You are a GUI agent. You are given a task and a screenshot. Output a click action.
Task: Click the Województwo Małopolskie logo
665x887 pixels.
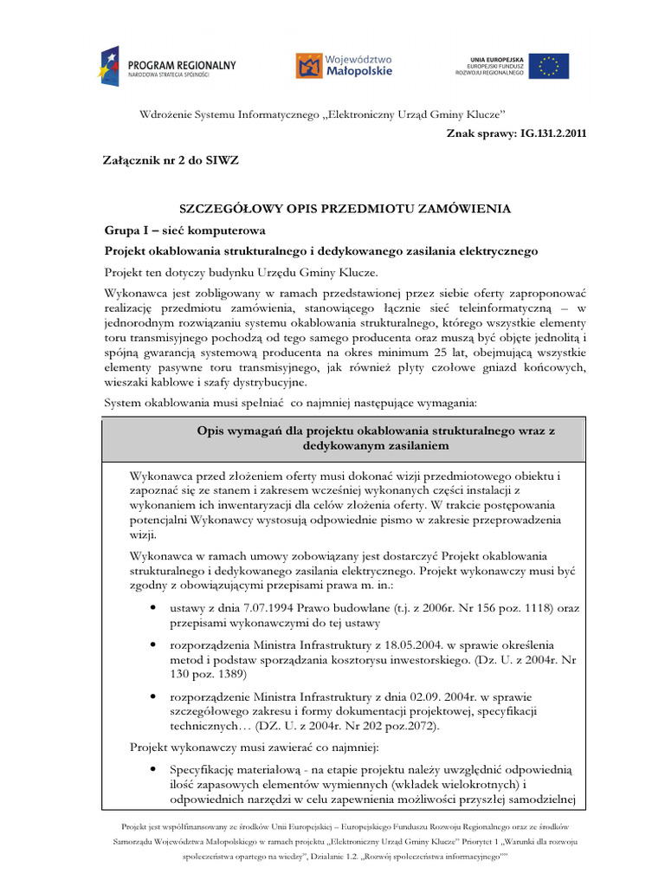tap(344, 65)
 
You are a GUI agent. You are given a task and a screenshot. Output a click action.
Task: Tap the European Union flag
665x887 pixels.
tap(551, 66)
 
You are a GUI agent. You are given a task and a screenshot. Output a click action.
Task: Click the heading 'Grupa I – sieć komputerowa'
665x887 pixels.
tap(185, 230)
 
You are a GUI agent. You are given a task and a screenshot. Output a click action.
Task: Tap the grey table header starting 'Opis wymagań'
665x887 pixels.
tap(344, 439)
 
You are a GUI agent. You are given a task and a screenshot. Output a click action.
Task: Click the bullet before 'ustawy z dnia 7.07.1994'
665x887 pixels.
tap(152, 609)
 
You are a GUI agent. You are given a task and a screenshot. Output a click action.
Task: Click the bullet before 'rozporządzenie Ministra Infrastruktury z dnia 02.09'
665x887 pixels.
tap(152, 696)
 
